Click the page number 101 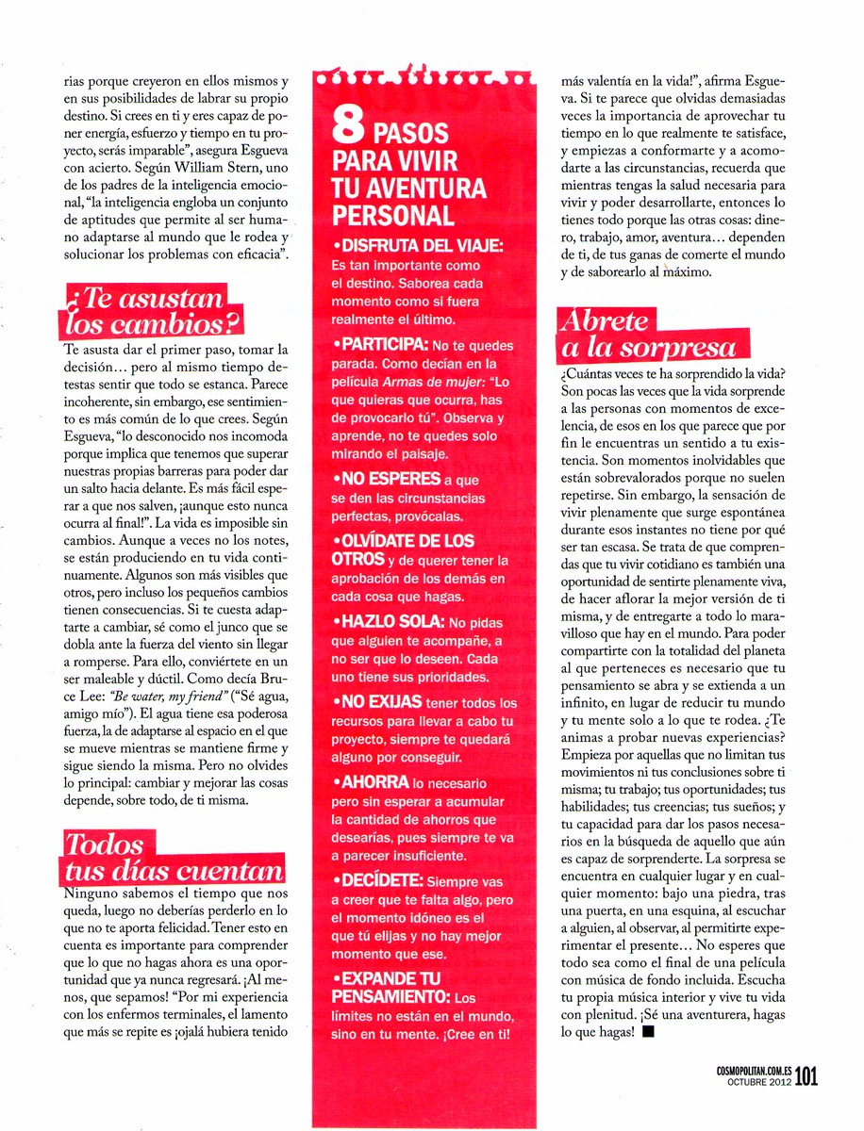click(807, 1076)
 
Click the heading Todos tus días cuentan click(170, 857)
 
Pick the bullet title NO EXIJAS click(383, 703)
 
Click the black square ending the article click(647, 1032)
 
